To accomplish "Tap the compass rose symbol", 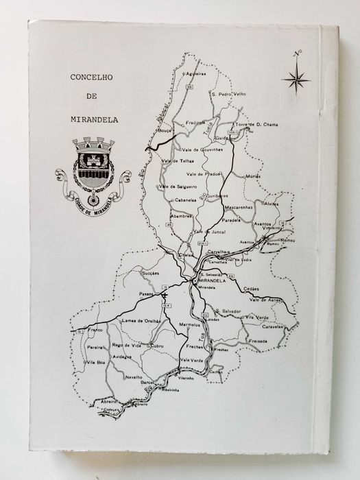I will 296,76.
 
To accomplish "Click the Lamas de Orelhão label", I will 140,321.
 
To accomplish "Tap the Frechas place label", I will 195,347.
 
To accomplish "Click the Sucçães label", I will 149,272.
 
